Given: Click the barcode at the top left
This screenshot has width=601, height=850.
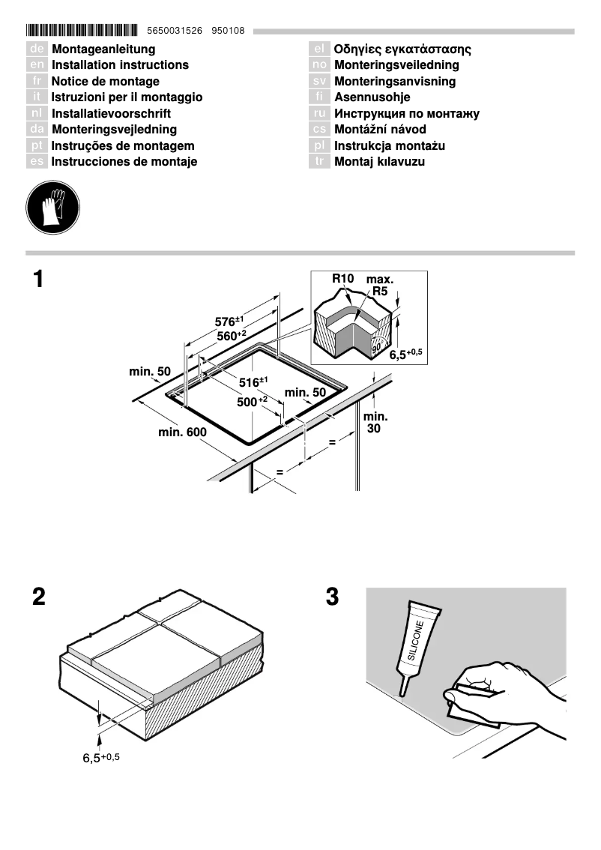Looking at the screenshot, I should point(82,31).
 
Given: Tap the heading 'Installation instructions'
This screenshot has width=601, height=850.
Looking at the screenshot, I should point(120,65).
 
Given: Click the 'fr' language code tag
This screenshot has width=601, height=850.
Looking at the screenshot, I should point(37,81).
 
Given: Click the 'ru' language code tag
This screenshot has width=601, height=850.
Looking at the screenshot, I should point(319,114).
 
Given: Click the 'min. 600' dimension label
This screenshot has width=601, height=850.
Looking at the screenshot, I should point(182,432).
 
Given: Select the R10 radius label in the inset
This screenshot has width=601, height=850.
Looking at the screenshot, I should point(342,279).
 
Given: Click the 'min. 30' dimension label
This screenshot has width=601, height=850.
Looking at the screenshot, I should point(375,422).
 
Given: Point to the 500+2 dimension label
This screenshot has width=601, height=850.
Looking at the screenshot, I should point(253,402).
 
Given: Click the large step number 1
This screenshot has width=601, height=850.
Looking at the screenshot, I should point(37,280).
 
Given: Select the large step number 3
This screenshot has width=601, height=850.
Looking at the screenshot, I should point(333,597).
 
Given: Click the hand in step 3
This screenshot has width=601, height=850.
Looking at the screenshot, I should point(502,690).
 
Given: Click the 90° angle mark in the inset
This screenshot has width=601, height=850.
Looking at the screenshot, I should point(375,347).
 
